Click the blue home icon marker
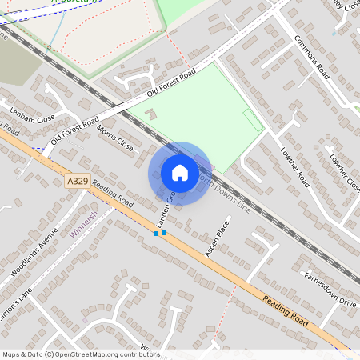180,172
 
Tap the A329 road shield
77,182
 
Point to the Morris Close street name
114,138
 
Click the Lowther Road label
290,164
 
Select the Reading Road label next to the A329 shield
112,192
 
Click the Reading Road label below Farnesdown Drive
286,310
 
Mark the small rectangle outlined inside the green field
252,122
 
